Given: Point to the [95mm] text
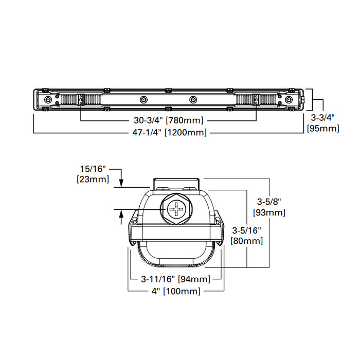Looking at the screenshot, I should point(322,128).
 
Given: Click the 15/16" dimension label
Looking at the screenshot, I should point(93,169).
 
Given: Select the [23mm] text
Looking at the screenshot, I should point(93,179).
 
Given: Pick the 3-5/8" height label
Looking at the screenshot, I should point(269,202).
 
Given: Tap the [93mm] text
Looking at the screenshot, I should point(269,212).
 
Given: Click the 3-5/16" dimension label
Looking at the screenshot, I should point(247,230).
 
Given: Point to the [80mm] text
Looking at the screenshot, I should point(247,240).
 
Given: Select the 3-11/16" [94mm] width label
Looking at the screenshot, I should point(175,279).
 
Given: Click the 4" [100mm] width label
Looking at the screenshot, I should point(174,291).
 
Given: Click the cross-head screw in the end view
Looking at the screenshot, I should point(177,211).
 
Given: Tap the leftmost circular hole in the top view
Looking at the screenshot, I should point(48,99).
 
